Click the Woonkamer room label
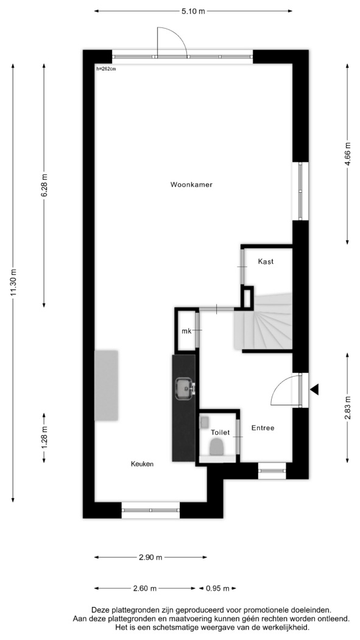191,185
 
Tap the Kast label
266,261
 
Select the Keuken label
142,464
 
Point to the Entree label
263,428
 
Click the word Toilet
220,432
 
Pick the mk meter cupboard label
186,331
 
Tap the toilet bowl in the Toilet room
216,447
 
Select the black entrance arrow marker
314,390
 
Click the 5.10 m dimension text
193,11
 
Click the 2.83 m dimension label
347,407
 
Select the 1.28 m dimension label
44,438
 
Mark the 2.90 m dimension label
151,557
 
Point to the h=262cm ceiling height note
106,69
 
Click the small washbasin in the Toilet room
205,421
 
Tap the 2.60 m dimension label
145,588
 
